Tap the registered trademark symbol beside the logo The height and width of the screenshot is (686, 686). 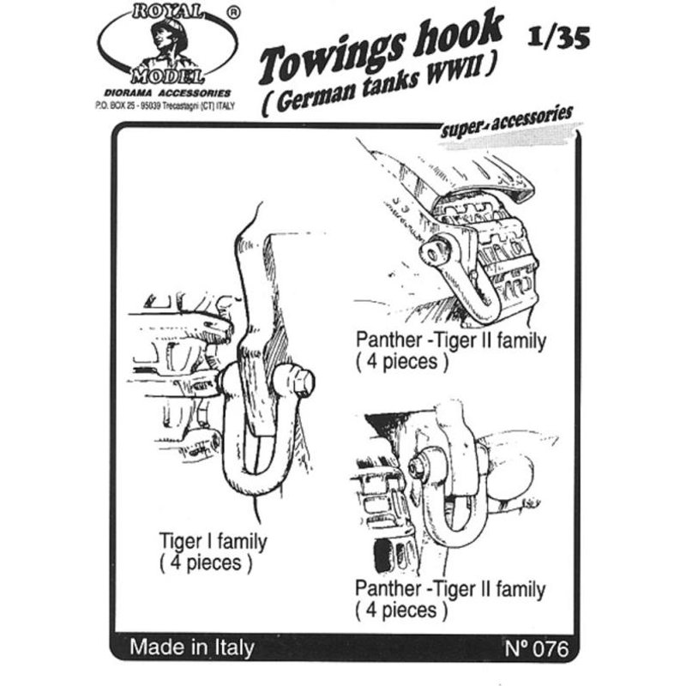coord(233,14)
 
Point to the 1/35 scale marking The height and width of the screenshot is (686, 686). coord(559,37)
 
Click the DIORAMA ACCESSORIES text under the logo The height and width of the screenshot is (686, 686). coord(167,93)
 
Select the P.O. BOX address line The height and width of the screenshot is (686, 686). coord(165,105)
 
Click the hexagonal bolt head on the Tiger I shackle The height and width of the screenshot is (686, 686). coord(304,382)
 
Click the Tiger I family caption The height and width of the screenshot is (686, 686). coord(213,551)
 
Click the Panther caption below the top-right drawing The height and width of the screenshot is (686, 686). coord(451,351)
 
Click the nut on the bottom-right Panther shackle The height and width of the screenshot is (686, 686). coord(417,467)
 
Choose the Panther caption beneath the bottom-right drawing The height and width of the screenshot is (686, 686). coord(450,599)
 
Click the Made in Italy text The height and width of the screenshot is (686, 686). coord(191,647)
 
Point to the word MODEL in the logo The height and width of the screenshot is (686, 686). coord(168,76)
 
